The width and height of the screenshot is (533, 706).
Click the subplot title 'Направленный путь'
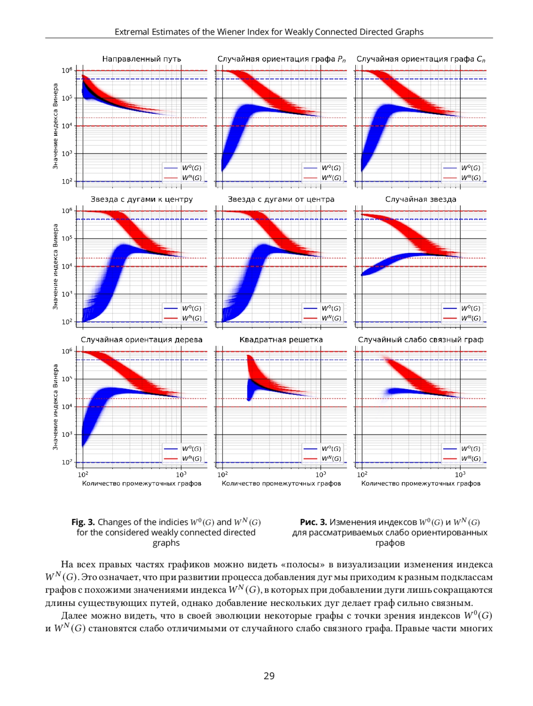click(142, 59)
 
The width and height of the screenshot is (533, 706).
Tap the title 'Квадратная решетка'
click(281, 340)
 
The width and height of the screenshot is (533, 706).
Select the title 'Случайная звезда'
click(421, 199)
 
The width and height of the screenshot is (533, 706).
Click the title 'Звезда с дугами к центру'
click(142, 199)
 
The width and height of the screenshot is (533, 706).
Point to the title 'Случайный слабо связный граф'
click(421, 340)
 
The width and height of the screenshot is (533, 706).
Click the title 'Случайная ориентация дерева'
click(142, 340)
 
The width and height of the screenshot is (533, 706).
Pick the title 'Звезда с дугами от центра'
click(281, 199)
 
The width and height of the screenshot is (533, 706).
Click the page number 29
click(269, 676)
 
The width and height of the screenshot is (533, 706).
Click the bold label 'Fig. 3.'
click(83, 522)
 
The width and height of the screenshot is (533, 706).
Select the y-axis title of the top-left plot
click(56, 126)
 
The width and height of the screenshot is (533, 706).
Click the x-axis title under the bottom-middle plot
click(281, 483)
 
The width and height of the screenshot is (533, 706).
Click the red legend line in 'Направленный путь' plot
click(171, 178)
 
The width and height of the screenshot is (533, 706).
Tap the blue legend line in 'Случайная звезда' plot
click(450, 308)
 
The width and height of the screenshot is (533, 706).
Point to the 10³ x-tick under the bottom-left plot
click(181, 475)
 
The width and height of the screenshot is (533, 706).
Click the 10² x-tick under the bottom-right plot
click(362, 475)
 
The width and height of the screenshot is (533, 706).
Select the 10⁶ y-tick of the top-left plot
click(67, 70)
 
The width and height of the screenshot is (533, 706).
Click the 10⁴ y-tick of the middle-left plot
click(67, 266)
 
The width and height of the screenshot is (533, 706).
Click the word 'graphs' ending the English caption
click(166, 543)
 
